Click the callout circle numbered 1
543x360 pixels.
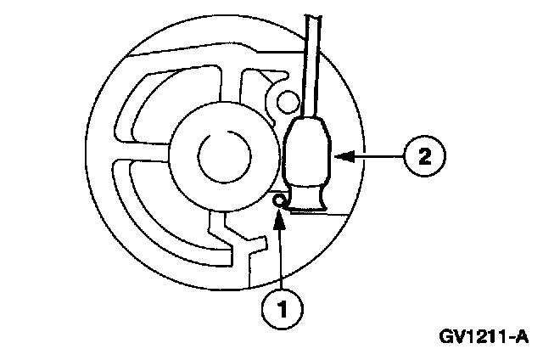pos(281,307)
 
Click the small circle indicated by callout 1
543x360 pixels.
pos(277,200)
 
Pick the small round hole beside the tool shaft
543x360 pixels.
pos(288,104)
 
